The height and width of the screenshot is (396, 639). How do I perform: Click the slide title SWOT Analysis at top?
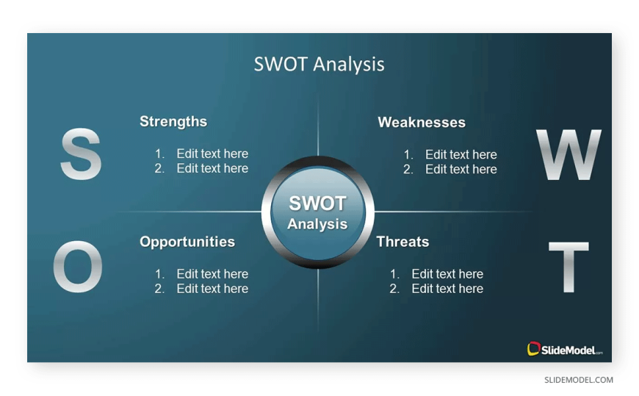tap(319, 64)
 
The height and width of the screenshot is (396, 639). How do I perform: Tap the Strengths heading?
tap(173, 121)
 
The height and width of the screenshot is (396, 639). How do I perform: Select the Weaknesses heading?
tap(422, 123)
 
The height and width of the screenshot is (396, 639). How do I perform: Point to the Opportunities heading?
tap(187, 242)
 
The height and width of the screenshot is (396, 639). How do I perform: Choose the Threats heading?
tap(402, 242)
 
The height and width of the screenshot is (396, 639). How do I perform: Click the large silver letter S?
tap(81, 154)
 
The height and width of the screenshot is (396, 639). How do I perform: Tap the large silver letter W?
tap(568, 154)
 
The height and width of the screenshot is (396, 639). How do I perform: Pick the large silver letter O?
tap(78, 266)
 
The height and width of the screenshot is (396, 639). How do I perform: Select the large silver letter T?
tap(568, 267)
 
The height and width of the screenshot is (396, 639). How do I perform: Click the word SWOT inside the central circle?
tap(317, 204)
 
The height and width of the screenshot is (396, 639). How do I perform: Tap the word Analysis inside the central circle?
tap(317, 224)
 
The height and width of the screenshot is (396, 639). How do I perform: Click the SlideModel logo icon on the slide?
tap(533, 349)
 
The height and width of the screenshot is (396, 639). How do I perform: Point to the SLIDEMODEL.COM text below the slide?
tap(579, 380)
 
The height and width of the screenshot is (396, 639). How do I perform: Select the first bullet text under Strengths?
tap(212, 154)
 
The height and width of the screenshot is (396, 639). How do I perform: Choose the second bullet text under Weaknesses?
tap(461, 169)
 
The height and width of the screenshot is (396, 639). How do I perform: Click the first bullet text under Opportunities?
tap(212, 274)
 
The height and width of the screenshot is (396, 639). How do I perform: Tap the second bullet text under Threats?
tap(447, 289)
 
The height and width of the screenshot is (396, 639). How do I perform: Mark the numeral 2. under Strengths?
tap(159, 168)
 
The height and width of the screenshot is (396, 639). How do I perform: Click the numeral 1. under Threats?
tap(394, 274)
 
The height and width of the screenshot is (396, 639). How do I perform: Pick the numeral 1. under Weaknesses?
tap(408, 154)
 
